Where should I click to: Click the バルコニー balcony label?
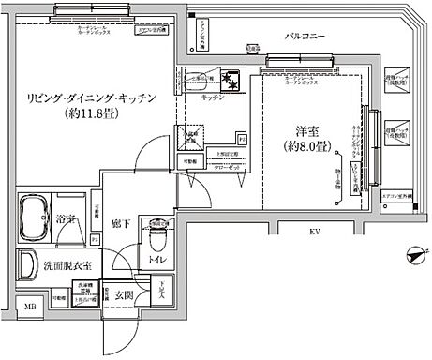pos(305,37)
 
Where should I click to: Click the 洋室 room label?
pos(298,129)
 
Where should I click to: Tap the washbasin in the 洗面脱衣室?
pos(28,265)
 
